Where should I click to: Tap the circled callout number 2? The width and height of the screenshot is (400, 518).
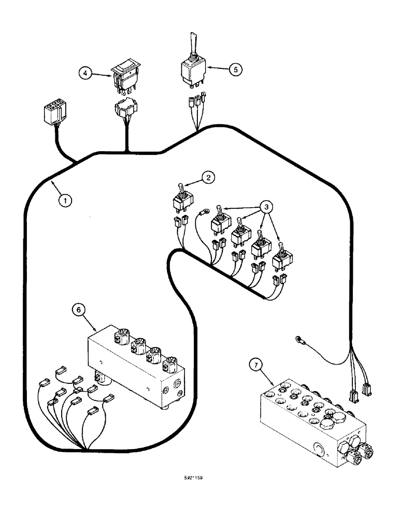207,178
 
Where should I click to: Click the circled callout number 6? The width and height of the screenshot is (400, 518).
78,310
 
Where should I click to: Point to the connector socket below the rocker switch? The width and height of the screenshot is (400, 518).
124,109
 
